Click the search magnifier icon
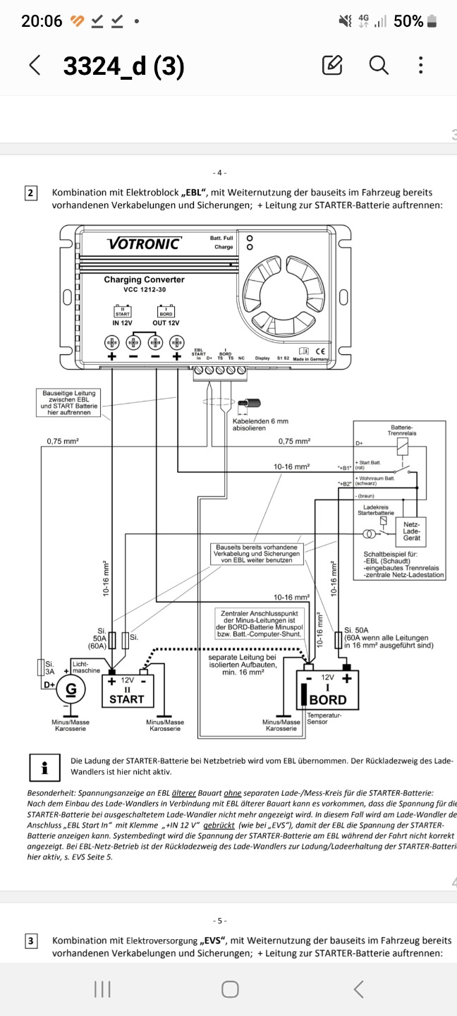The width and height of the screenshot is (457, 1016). [x=379, y=66]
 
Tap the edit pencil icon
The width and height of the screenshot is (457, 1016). [x=332, y=66]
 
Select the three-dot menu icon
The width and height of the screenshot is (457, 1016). [x=421, y=66]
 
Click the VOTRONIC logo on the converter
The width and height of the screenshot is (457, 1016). [x=144, y=244]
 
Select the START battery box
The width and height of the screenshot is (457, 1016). [x=126, y=691]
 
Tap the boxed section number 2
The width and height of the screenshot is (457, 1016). [x=32, y=193]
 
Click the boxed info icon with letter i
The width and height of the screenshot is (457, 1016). [x=45, y=766]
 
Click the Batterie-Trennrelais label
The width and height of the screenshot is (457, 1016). [x=403, y=430]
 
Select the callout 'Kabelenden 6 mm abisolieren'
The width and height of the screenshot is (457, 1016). [x=260, y=425]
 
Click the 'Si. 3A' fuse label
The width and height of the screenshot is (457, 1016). [x=49, y=667]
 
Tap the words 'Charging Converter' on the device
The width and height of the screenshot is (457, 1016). [x=144, y=279]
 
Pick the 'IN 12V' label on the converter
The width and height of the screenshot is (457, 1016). [x=123, y=322]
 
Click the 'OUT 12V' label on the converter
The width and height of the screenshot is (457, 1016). [x=166, y=322]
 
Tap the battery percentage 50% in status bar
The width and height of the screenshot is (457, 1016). [x=409, y=21]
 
